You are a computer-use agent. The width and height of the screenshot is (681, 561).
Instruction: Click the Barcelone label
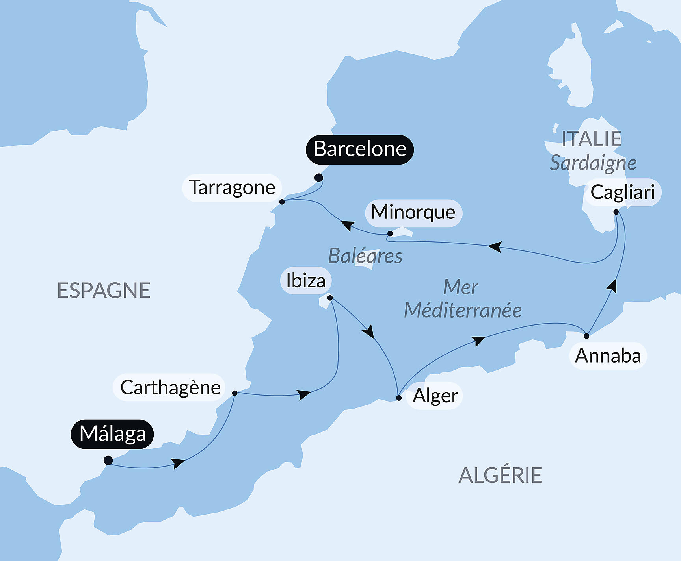(x=360, y=149)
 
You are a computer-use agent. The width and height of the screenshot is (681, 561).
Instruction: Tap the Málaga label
(x=112, y=434)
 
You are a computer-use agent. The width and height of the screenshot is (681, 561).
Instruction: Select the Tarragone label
(x=232, y=188)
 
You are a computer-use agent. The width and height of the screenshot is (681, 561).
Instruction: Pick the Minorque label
(x=413, y=213)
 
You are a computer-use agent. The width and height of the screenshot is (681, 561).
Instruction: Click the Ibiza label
(x=306, y=281)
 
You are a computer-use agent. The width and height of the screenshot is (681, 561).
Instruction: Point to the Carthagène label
(x=170, y=387)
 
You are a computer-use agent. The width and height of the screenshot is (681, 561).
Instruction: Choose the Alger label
(x=435, y=396)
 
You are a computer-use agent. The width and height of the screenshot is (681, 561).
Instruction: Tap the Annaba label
(x=608, y=356)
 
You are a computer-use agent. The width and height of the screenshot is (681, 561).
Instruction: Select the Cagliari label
(x=622, y=192)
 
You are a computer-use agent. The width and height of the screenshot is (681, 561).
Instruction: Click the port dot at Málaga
(x=108, y=460)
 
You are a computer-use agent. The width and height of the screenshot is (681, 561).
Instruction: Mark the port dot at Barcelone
(x=319, y=178)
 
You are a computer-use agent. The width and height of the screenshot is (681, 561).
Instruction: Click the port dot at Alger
(x=399, y=398)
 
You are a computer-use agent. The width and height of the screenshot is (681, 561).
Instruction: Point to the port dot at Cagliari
(x=616, y=212)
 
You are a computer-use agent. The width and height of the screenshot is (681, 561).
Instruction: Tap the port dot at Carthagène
(x=234, y=393)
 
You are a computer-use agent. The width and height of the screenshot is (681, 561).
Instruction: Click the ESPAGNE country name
(x=104, y=291)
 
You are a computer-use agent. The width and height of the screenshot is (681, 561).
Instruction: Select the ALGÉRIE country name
(x=501, y=475)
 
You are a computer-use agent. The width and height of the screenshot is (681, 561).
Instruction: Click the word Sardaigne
(x=593, y=163)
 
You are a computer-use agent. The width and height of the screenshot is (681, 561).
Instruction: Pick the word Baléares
(x=365, y=256)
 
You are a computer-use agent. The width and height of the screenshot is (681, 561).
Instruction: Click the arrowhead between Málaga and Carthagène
(x=178, y=463)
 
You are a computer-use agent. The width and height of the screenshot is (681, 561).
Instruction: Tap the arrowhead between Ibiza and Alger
(x=369, y=331)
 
